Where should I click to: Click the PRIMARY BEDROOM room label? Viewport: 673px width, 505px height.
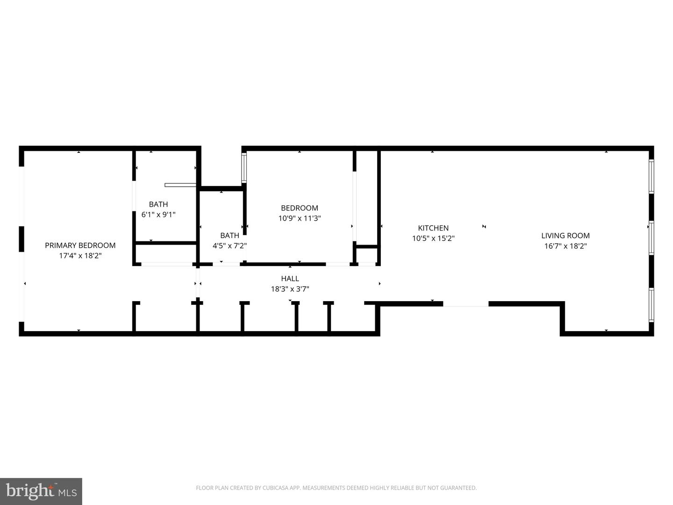(80, 245)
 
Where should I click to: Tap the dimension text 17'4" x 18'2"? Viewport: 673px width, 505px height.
(80, 256)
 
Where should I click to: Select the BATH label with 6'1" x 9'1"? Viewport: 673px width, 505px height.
(158, 204)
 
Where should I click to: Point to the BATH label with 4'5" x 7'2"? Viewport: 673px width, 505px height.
(229, 235)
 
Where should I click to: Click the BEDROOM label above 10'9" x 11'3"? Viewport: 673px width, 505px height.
(299, 208)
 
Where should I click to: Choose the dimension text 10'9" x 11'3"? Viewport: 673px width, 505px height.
(299, 218)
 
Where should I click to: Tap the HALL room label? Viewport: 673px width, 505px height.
(290, 279)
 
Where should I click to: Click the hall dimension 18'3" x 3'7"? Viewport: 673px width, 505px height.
(290, 289)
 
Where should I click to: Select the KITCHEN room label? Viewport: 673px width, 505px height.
(433, 228)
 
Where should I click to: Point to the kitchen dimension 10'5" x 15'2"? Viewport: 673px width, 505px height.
(433, 238)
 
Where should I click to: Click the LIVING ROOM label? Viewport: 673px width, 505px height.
(565, 236)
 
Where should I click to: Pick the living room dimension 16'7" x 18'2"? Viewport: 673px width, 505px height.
(565, 246)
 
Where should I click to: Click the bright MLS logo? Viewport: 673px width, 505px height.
(41, 491)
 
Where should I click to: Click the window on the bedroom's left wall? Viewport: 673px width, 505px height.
(243, 168)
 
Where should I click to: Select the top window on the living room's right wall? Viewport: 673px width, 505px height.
(651, 176)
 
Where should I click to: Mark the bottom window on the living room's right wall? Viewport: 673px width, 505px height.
(651, 305)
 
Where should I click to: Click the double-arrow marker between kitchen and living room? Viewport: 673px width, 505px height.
(484, 227)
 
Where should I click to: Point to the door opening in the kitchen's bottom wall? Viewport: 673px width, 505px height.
(465, 304)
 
